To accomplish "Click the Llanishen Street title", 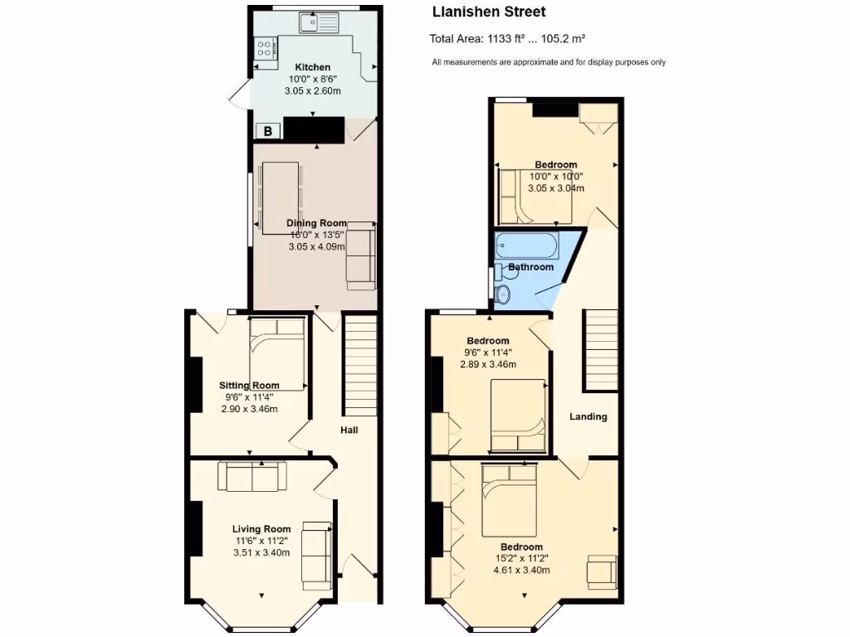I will click(489, 12).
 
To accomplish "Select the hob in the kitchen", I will click(266, 48).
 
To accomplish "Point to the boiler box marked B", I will click(268, 130).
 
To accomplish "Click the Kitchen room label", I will click(313, 67).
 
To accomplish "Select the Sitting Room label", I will click(249, 385).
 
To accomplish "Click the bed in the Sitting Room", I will click(277, 353).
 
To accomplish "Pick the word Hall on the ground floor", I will click(349, 430).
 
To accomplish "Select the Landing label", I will click(588, 416).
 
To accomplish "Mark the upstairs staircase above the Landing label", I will click(601, 349).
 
